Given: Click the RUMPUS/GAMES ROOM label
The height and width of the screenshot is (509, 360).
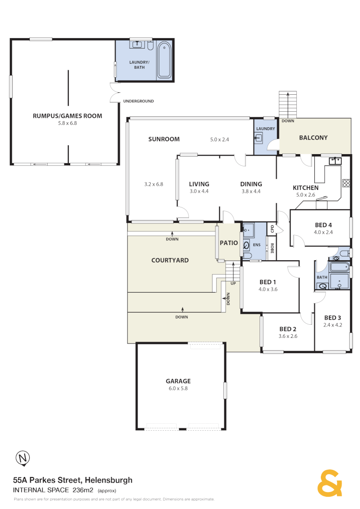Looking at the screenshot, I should [67, 115].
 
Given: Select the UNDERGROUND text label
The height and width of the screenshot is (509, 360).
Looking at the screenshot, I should [138, 101].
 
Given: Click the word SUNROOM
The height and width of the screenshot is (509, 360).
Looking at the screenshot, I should [164, 139].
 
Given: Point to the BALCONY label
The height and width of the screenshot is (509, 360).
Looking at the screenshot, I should [313, 138].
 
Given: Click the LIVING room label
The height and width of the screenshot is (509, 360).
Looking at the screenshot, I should [199, 184].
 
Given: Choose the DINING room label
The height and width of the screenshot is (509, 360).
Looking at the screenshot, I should [251, 184].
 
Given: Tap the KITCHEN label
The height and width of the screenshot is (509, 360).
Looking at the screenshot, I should [306, 188].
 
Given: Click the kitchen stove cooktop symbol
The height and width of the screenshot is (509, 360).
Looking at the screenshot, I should [346, 183].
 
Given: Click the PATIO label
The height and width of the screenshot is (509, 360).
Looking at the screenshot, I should [229, 243].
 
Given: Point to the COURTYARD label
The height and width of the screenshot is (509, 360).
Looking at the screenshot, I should [170, 260].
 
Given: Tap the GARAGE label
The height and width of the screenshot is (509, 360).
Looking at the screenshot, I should [178, 381].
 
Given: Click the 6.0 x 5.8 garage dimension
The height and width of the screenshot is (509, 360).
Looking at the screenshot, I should [178, 388].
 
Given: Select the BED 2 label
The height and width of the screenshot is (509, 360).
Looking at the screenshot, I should [287, 329].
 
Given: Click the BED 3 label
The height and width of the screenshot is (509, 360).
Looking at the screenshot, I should [333, 317].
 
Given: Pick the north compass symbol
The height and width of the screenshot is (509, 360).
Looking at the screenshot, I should [22, 457].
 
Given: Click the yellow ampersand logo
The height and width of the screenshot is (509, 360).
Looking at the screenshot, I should [329, 483].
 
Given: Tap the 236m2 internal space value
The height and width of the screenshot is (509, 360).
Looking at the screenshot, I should [83, 490].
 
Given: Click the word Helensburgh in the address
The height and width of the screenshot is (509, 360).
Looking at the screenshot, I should [108, 480].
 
